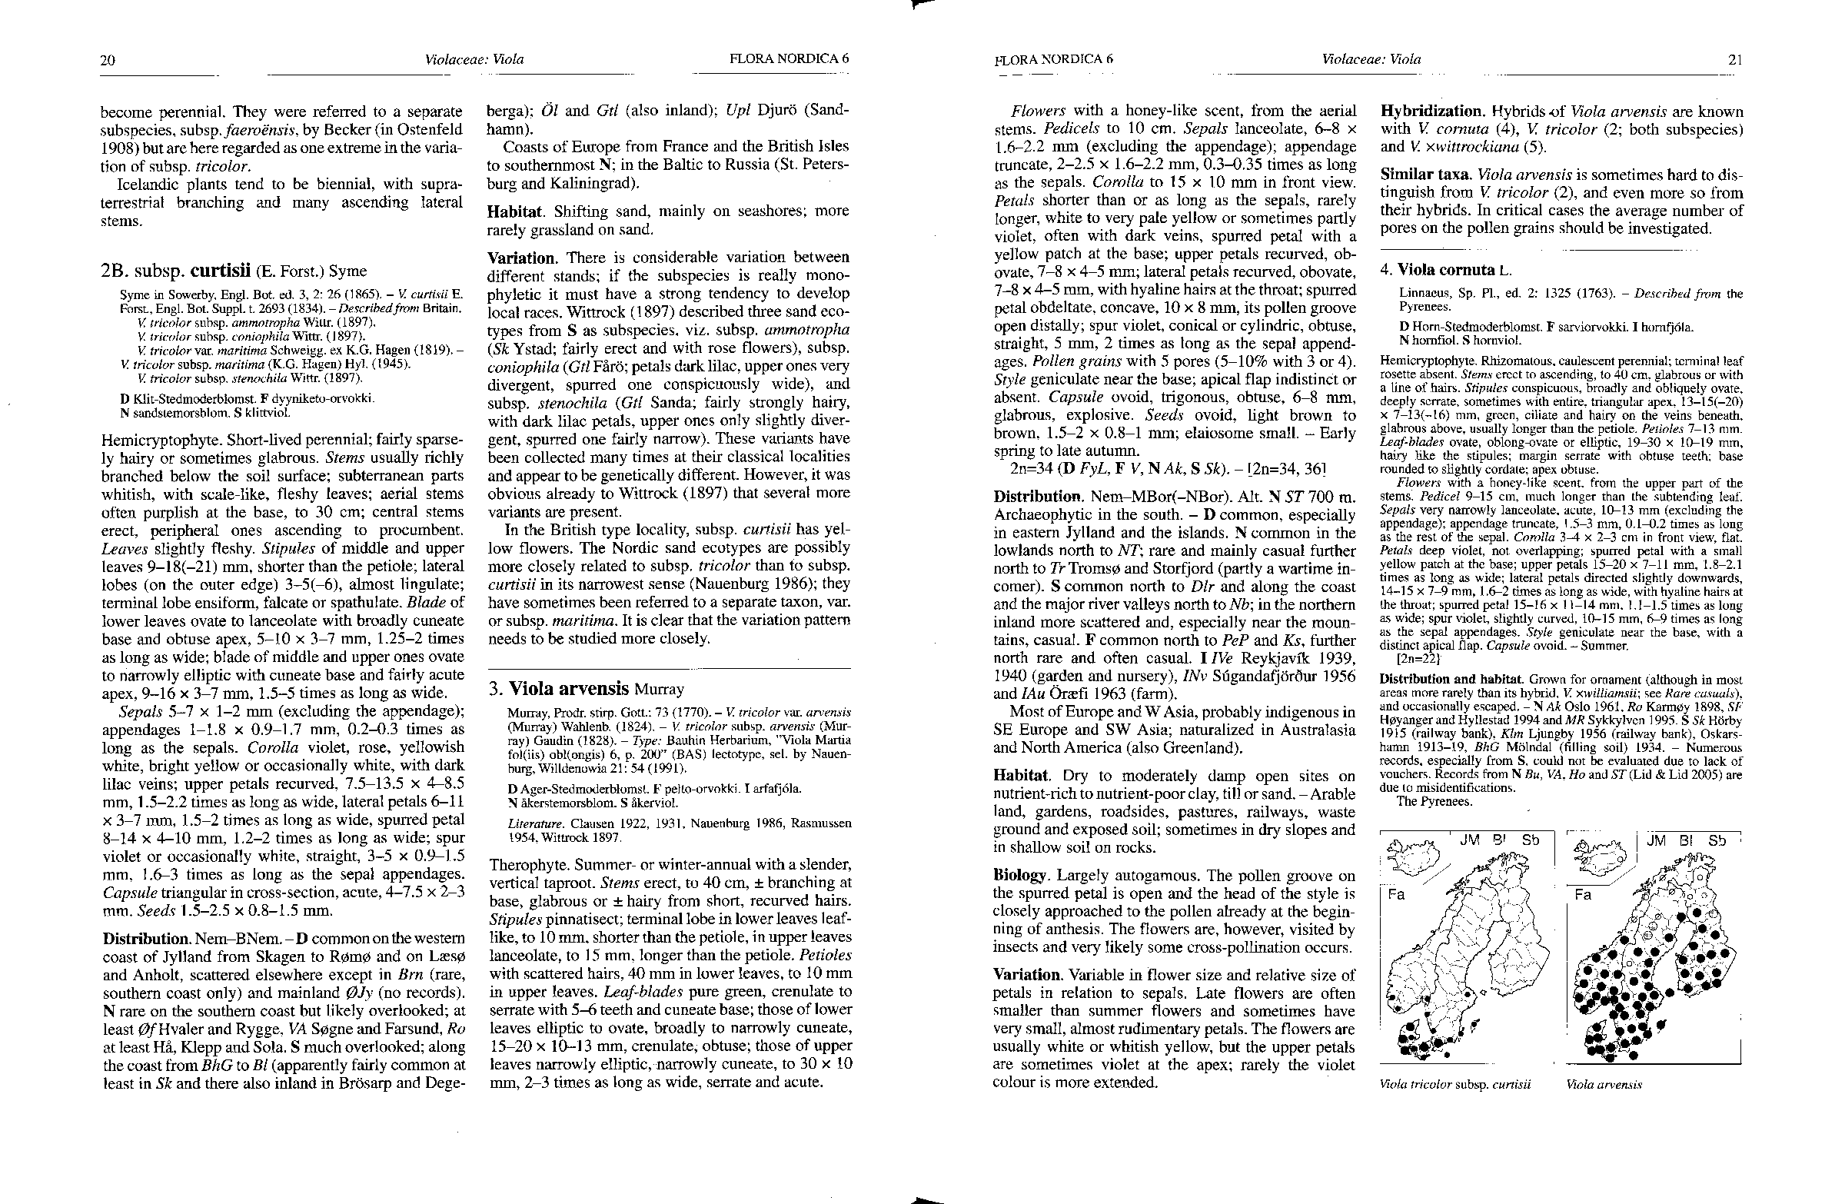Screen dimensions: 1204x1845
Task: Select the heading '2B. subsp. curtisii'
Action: (x=234, y=271)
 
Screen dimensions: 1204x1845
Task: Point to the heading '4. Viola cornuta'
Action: (x=1447, y=271)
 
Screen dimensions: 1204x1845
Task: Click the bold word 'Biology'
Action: (x=1020, y=875)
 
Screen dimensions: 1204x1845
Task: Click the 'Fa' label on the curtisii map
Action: (x=1396, y=894)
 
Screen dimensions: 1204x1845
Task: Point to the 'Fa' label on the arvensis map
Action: (x=1582, y=894)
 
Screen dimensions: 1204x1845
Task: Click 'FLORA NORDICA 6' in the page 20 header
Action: (x=790, y=59)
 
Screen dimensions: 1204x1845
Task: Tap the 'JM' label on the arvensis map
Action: (x=1657, y=840)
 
